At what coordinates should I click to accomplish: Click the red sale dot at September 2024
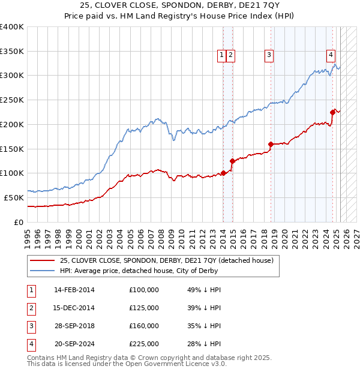pos(332,112)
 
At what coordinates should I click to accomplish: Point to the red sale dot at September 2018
pos(271,144)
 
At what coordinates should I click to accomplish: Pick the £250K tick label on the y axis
pos(12,100)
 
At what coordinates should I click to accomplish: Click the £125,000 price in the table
pos(144,308)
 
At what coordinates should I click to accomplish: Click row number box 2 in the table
pos(30,308)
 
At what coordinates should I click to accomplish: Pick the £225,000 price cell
pos(144,344)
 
